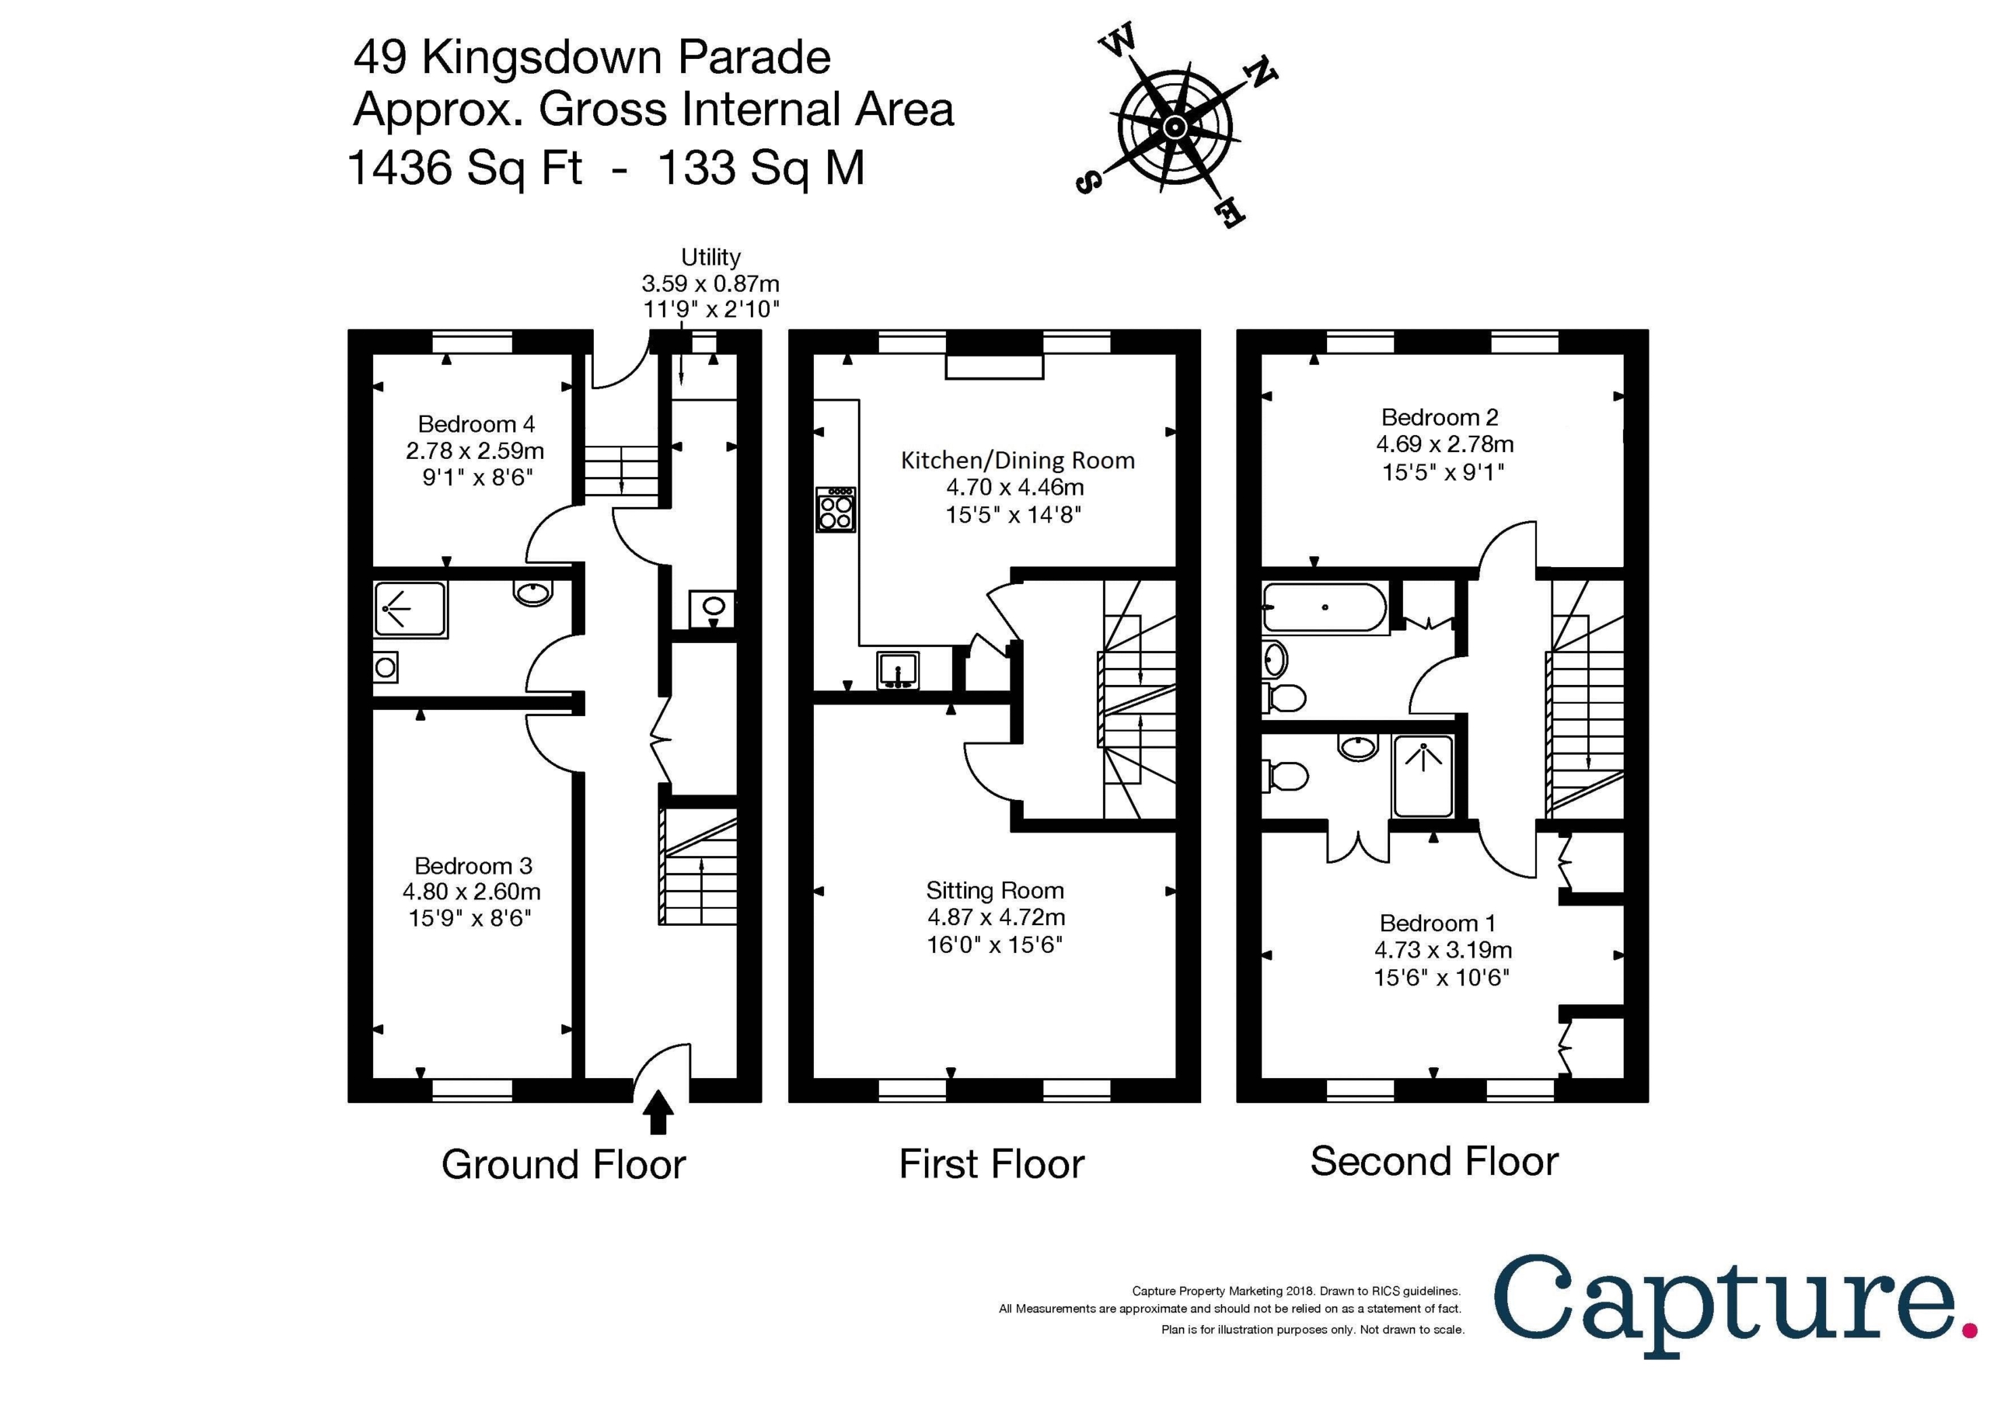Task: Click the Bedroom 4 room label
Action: pos(476,423)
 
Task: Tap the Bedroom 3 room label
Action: pos(473,865)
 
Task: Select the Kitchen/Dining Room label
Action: pos(1018,461)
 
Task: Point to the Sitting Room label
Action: pos(994,891)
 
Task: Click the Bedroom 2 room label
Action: pos(1440,418)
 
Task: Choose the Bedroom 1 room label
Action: pos(1437,923)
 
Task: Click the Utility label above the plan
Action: pos(710,257)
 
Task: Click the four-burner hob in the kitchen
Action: pos(836,509)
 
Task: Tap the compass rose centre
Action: pos(1175,127)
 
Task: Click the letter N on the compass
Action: pos(1262,75)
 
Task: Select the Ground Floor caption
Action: pos(564,1164)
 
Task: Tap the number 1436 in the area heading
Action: pos(400,167)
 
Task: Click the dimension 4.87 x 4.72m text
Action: pos(996,916)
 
